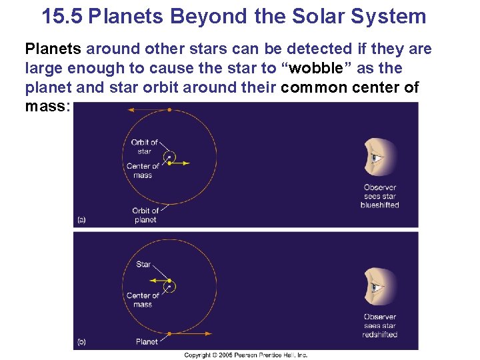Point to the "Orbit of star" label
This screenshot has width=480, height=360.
click(x=144, y=147)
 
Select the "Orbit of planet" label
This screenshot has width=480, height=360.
click(x=145, y=215)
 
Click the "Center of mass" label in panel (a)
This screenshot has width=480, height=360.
click(x=143, y=171)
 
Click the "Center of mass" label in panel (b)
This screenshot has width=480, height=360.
click(x=143, y=300)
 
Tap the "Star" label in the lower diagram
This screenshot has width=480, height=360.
click(x=143, y=265)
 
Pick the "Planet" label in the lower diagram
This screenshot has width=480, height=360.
click(x=146, y=341)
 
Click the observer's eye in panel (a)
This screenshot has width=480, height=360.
click(x=377, y=158)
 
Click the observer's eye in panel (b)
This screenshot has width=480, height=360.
click(x=377, y=287)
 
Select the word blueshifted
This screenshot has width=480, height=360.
click(x=379, y=205)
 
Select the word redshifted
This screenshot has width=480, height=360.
click(x=379, y=335)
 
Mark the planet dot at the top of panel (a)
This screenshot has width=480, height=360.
click(x=169, y=109)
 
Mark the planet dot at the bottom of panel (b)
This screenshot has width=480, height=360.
click(x=170, y=333)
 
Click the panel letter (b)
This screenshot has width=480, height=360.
click(x=81, y=342)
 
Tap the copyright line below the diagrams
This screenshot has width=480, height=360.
click(x=245, y=355)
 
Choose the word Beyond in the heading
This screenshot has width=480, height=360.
click(x=214, y=16)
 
